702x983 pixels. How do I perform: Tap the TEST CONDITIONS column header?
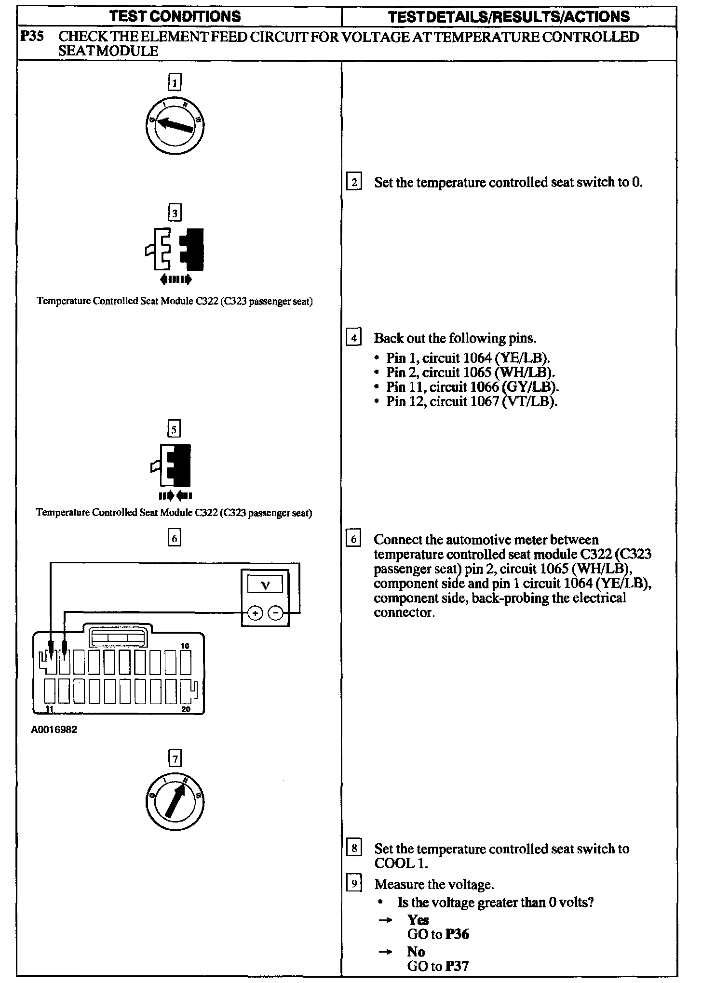[175, 16]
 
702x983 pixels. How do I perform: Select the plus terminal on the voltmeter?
[255, 613]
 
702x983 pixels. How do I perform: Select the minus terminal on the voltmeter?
[275, 613]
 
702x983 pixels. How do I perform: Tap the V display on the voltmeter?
[265, 585]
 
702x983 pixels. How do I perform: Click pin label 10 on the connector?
[185, 646]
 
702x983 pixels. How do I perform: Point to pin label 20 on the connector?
[186, 709]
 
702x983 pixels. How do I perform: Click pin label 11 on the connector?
[49, 709]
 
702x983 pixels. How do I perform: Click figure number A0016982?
[54, 730]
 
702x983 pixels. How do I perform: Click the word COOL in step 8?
[393, 863]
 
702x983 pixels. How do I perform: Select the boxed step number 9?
[354, 884]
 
